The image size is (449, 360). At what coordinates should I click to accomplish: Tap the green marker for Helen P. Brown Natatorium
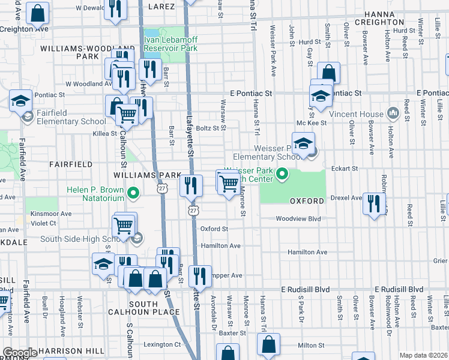pyautogui.click(x=134, y=193)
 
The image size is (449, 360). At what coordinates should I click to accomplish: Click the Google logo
pyautogui.click(x=20, y=353)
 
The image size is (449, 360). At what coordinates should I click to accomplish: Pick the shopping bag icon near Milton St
pyautogui.click(x=269, y=345)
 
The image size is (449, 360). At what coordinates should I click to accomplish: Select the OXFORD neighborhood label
pyautogui.click(x=307, y=201)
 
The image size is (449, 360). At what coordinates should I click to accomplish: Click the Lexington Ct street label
pyautogui.click(x=162, y=344)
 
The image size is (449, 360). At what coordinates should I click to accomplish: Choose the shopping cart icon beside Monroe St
pyautogui.click(x=229, y=183)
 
